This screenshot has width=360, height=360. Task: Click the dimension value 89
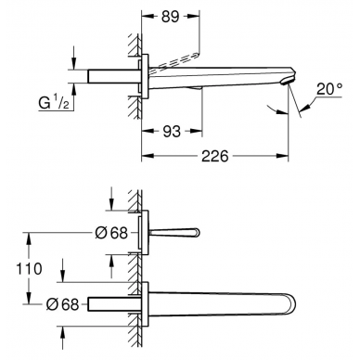(x=170, y=17)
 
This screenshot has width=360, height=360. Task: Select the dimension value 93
(x=172, y=132)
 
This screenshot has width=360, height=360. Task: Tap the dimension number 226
(x=215, y=156)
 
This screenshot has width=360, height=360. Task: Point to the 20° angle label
(x=329, y=89)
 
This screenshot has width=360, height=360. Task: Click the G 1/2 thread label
(x=54, y=103)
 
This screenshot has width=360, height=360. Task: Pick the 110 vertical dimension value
(x=29, y=269)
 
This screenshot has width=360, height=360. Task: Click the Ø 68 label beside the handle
(x=111, y=233)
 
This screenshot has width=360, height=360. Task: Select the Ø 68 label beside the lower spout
(x=63, y=304)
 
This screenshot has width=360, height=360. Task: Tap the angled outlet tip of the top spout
(x=287, y=82)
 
